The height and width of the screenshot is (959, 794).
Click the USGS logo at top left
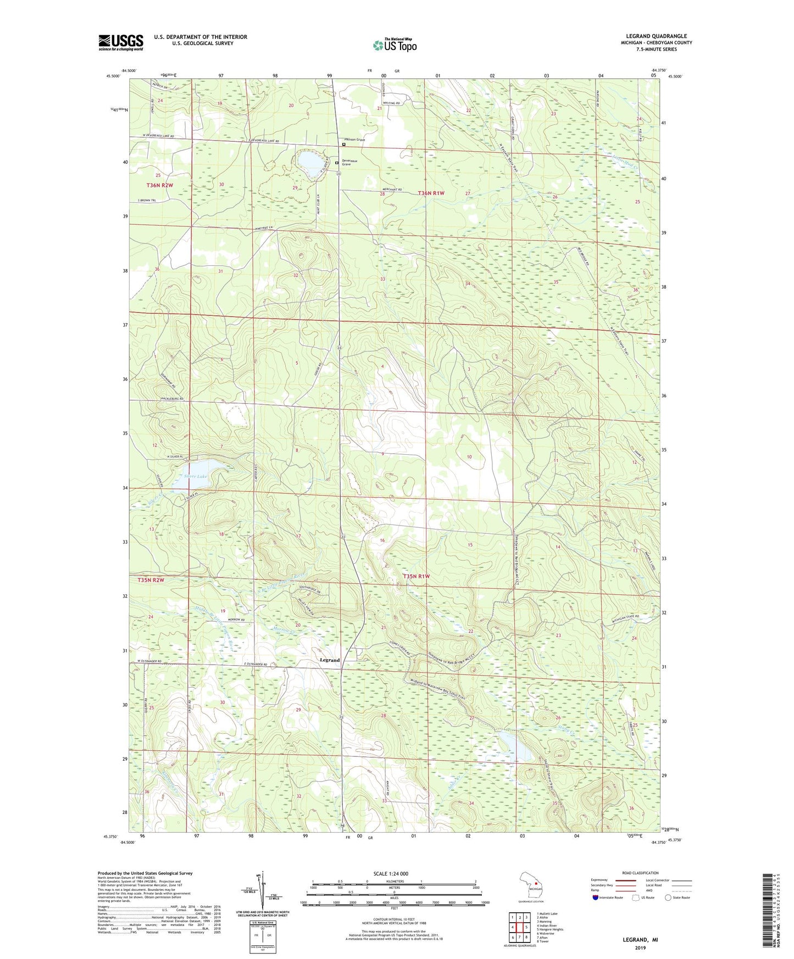pos(121,42)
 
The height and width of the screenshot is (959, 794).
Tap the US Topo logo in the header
pos(394,45)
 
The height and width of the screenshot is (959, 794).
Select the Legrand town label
pos(330,660)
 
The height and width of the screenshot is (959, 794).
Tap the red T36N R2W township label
pos(160,185)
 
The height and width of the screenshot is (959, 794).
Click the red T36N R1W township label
pos(431,193)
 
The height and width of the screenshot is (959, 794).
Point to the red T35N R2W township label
pos(151,579)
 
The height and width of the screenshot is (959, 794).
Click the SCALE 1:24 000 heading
pos(391,873)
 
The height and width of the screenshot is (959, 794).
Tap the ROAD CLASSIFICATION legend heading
pos(641,873)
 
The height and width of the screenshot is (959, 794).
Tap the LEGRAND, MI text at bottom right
pos(640,940)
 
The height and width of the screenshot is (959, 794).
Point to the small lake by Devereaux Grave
pos(310,164)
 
